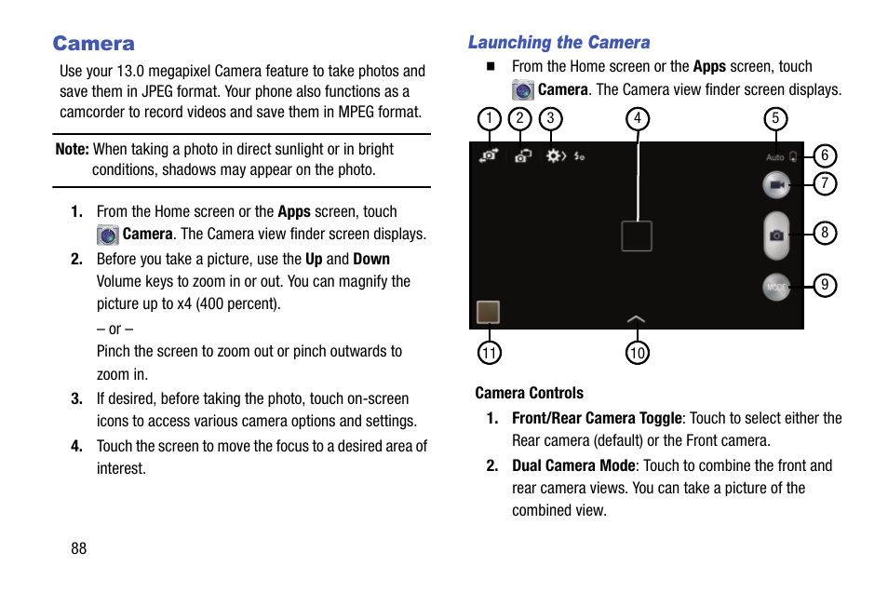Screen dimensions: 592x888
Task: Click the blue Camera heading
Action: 93,44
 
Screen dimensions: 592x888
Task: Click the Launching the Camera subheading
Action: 558,43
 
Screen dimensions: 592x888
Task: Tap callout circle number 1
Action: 489,118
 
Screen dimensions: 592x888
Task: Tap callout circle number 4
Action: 638,118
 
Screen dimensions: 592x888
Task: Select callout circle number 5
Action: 774,118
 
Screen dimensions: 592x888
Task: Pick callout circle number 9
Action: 825,285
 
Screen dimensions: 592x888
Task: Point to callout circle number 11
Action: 490,353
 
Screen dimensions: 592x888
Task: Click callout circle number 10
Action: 638,353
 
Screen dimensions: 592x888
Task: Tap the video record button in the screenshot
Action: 775,185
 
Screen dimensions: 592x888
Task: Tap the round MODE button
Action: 775,288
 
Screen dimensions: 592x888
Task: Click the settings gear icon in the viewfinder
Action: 555,156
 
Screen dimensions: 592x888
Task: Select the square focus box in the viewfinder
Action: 637,236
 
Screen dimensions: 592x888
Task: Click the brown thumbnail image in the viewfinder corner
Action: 488,312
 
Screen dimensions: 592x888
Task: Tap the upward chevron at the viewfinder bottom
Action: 636,318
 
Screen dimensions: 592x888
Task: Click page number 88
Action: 78,548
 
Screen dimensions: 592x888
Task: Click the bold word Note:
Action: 72,149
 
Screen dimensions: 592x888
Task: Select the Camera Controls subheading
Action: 529,393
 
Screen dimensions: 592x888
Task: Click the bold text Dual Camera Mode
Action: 573,465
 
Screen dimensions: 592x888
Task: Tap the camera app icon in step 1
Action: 108,235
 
